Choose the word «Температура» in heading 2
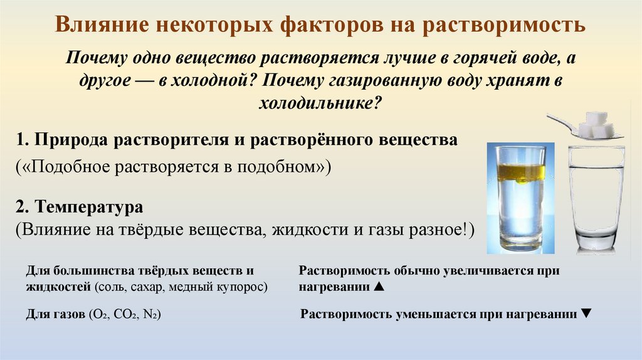pyautogui.click(x=90, y=206)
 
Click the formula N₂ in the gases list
pyautogui.click(x=150, y=314)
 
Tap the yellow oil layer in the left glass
pyautogui.click(x=520, y=172)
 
